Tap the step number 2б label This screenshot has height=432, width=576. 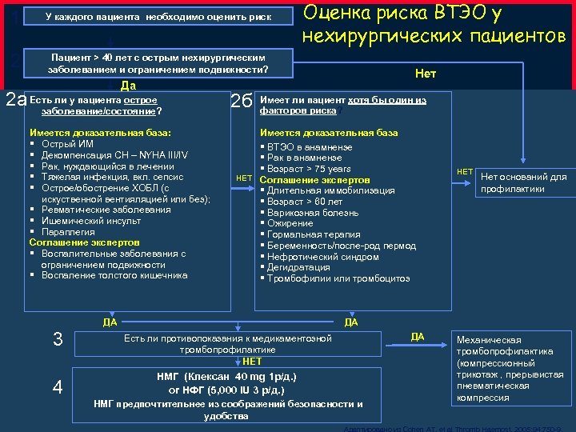[242, 101]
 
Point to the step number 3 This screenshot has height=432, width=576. [57, 339]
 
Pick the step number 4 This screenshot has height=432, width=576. [57, 386]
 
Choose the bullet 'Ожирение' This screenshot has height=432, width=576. [289, 224]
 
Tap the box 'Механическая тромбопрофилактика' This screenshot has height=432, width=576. [504, 368]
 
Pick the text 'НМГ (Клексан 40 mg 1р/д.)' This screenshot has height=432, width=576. [228, 377]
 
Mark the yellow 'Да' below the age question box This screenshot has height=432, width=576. [127, 86]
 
